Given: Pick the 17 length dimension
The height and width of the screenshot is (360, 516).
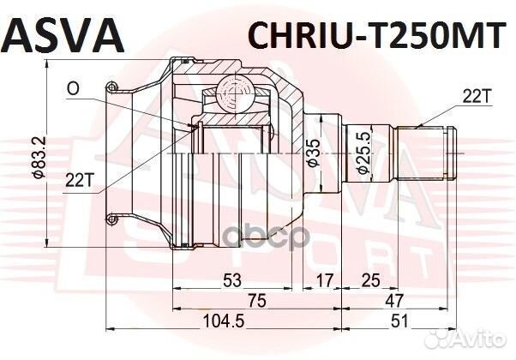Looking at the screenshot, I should [x=323, y=280].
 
